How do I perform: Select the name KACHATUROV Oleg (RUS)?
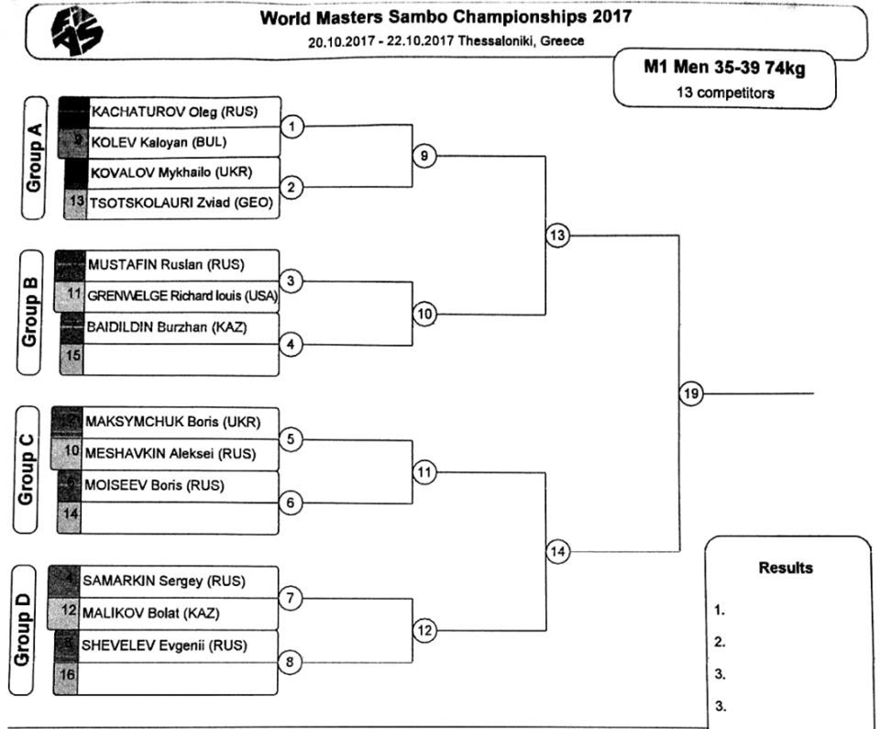tap(175, 111)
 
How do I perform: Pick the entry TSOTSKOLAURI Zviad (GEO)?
tap(181, 203)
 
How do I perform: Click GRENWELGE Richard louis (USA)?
tap(182, 296)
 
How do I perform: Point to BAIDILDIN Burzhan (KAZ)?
tap(167, 327)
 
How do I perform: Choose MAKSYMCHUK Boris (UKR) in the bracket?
tap(172, 422)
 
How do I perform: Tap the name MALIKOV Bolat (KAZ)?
tap(150, 613)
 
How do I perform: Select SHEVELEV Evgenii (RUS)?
tap(164, 646)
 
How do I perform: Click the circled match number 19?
tap(691, 393)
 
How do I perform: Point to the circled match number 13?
tap(557, 236)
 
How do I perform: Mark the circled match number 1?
tap(292, 126)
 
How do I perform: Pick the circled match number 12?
tap(424, 630)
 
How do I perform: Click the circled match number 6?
tap(291, 503)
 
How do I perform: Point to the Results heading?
tap(786, 568)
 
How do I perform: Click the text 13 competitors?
tap(725, 93)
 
